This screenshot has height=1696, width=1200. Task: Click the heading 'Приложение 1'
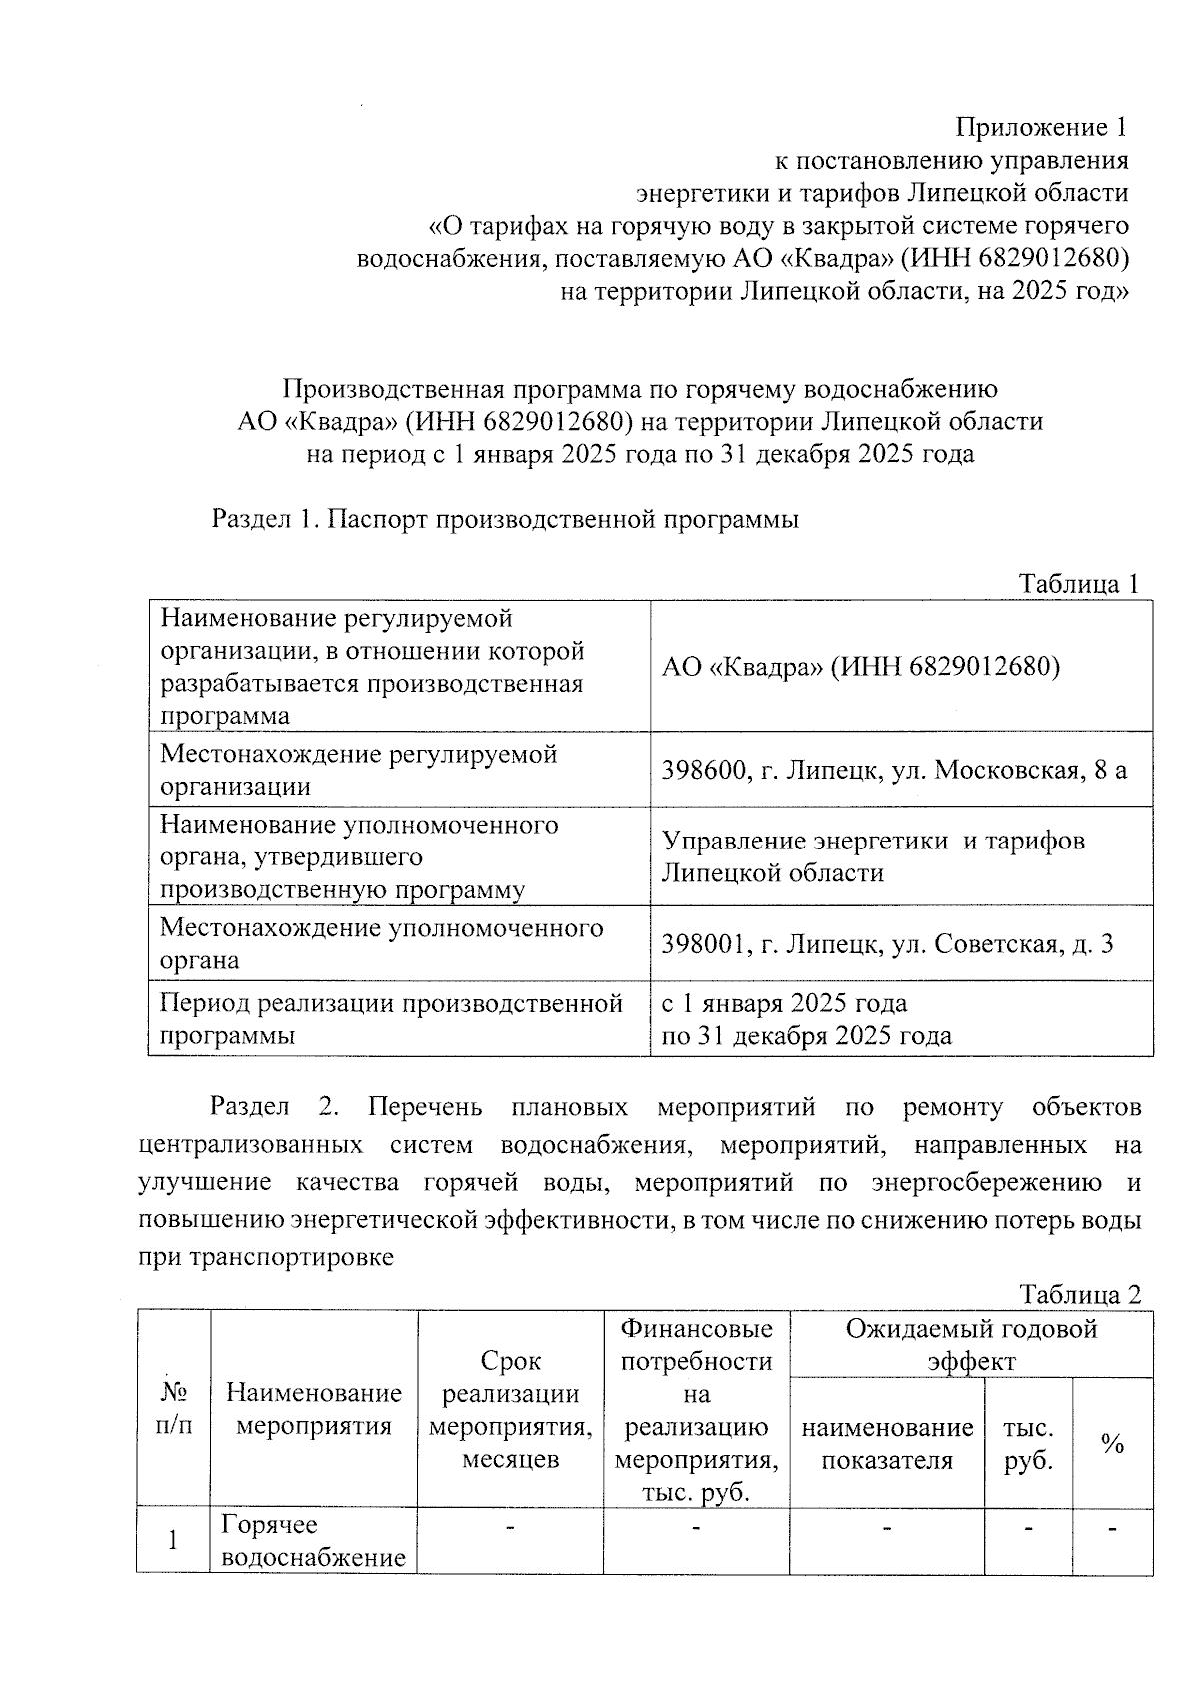click(1041, 128)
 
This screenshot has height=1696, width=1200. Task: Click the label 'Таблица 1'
click(1078, 584)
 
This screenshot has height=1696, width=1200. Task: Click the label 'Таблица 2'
click(1079, 1295)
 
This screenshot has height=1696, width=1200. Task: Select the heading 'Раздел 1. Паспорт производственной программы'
click(505, 520)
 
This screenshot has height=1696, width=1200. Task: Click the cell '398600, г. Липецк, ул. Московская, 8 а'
click(894, 770)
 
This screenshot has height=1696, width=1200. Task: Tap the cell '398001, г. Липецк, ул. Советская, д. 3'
click(887, 944)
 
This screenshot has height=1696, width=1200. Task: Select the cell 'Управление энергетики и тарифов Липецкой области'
click(872, 856)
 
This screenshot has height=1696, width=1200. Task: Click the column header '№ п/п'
click(173, 1409)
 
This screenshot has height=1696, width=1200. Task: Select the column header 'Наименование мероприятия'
click(313, 1409)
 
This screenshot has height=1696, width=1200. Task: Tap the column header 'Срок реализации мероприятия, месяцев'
click(510, 1409)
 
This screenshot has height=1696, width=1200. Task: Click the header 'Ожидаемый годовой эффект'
click(970, 1344)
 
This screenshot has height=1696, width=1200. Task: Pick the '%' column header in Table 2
click(1112, 1444)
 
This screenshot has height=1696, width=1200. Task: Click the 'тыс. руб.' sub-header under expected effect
click(1028, 1444)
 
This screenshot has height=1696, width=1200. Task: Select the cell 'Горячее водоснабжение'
click(313, 1540)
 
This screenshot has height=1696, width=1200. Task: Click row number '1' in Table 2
click(173, 1540)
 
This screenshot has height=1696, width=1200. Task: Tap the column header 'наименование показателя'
click(887, 1444)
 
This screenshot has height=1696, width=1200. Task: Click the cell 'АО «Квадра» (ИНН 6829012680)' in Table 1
click(860, 667)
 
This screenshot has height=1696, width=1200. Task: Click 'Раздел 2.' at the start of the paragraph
click(274, 1108)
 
